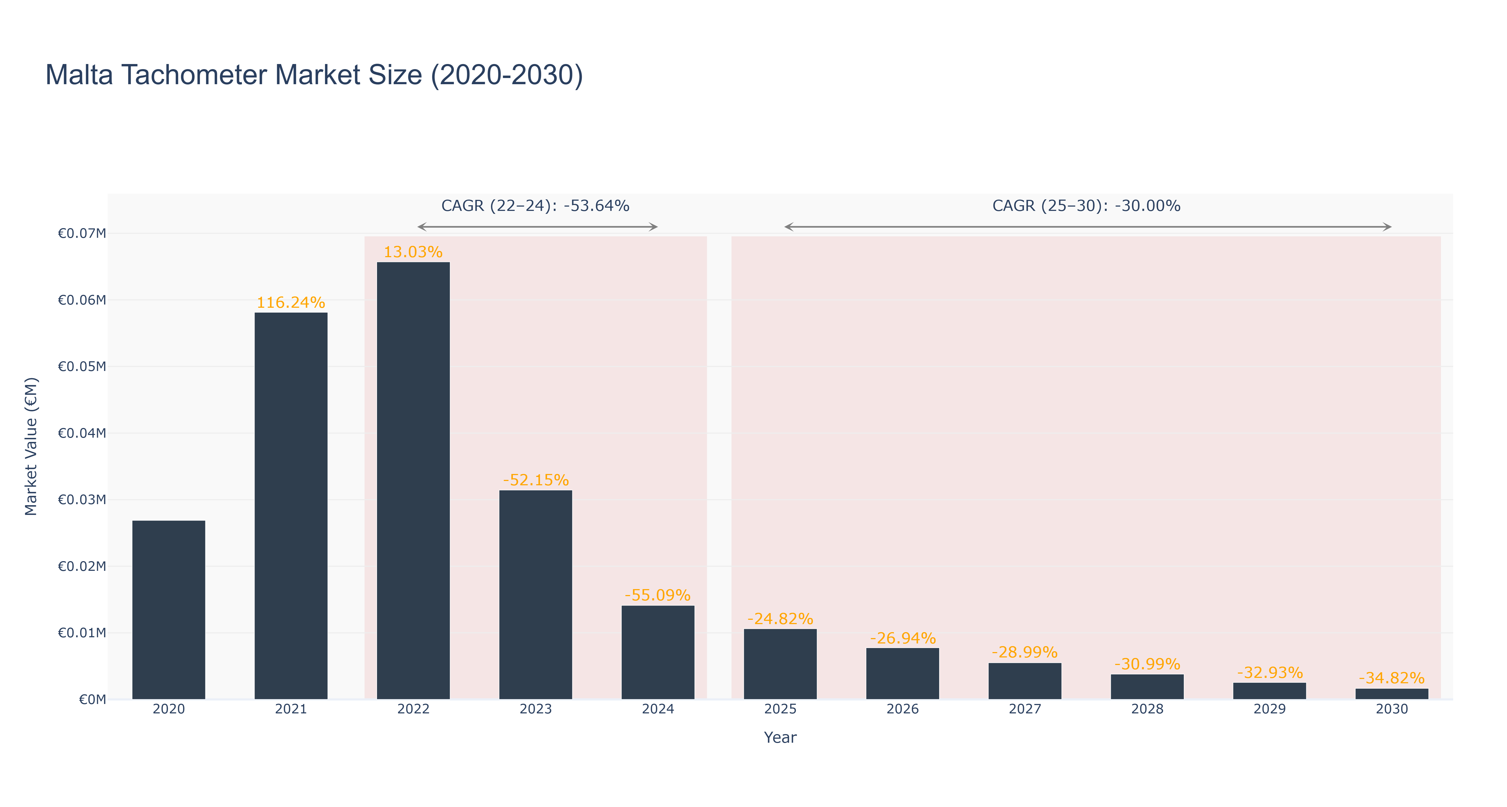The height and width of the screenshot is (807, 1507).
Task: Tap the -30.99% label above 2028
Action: [x=1147, y=664]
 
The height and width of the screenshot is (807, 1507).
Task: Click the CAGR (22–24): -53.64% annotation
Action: [x=535, y=206]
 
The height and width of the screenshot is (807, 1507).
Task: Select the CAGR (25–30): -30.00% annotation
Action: [x=1086, y=206]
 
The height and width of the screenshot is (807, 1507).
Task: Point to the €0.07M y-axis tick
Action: [x=82, y=233]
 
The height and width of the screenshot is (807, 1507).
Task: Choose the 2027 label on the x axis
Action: [x=1025, y=709]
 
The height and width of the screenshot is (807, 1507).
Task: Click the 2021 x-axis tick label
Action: [x=291, y=709]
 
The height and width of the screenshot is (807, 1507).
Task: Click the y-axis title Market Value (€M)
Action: [x=31, y=446]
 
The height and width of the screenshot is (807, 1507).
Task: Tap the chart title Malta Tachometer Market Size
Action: [x=314, y=75]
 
